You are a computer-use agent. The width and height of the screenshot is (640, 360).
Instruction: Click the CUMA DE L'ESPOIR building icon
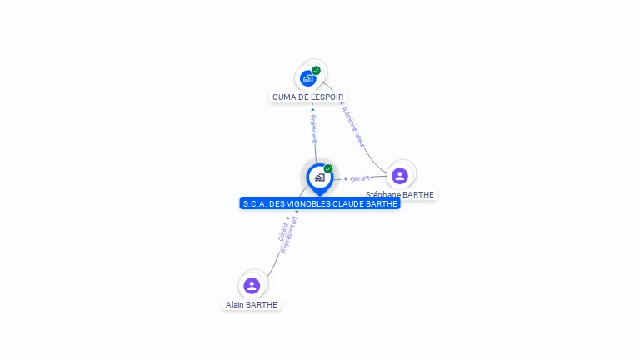308,78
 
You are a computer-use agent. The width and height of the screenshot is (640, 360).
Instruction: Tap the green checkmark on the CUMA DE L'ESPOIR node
317,71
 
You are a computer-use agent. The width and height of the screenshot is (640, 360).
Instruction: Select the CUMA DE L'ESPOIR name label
308,97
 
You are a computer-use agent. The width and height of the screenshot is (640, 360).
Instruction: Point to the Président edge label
313,129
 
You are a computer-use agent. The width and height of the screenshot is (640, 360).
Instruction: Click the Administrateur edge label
353,127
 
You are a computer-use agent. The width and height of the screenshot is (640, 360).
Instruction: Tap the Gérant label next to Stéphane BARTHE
360,178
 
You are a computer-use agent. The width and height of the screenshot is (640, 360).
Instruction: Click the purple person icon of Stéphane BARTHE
400,176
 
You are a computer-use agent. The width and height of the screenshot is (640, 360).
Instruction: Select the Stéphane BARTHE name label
400,195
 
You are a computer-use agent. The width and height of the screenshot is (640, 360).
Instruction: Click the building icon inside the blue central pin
319,177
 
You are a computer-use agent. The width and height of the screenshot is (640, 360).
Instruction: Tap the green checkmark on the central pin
328,169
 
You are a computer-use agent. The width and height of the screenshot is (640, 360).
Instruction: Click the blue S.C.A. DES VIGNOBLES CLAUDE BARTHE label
320,203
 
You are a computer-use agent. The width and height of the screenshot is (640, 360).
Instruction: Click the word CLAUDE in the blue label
350,203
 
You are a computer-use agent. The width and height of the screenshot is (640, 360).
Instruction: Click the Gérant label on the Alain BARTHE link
282,232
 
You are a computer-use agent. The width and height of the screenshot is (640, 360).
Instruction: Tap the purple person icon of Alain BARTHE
252,286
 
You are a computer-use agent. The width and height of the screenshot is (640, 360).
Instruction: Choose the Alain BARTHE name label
252,305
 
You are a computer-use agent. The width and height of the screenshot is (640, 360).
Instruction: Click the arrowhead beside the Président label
312,109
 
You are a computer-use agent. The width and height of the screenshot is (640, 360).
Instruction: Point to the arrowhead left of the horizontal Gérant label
346,178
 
